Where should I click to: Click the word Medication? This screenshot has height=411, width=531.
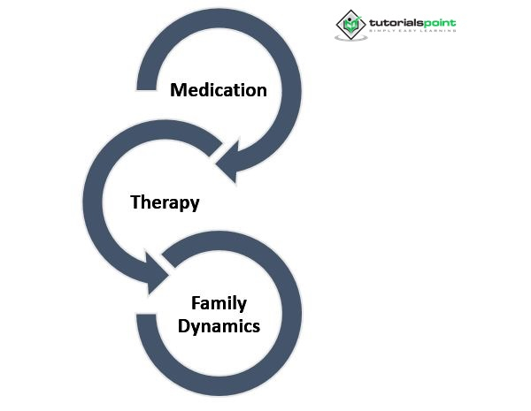coord(218,90)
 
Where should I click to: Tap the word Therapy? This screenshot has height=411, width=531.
coord(165,202)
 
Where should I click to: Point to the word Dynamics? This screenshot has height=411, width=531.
coord(218,325)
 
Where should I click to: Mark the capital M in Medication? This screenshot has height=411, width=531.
coord(178,90)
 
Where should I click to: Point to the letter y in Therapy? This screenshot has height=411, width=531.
coord(194,204)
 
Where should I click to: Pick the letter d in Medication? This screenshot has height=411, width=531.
coord(205,90)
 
